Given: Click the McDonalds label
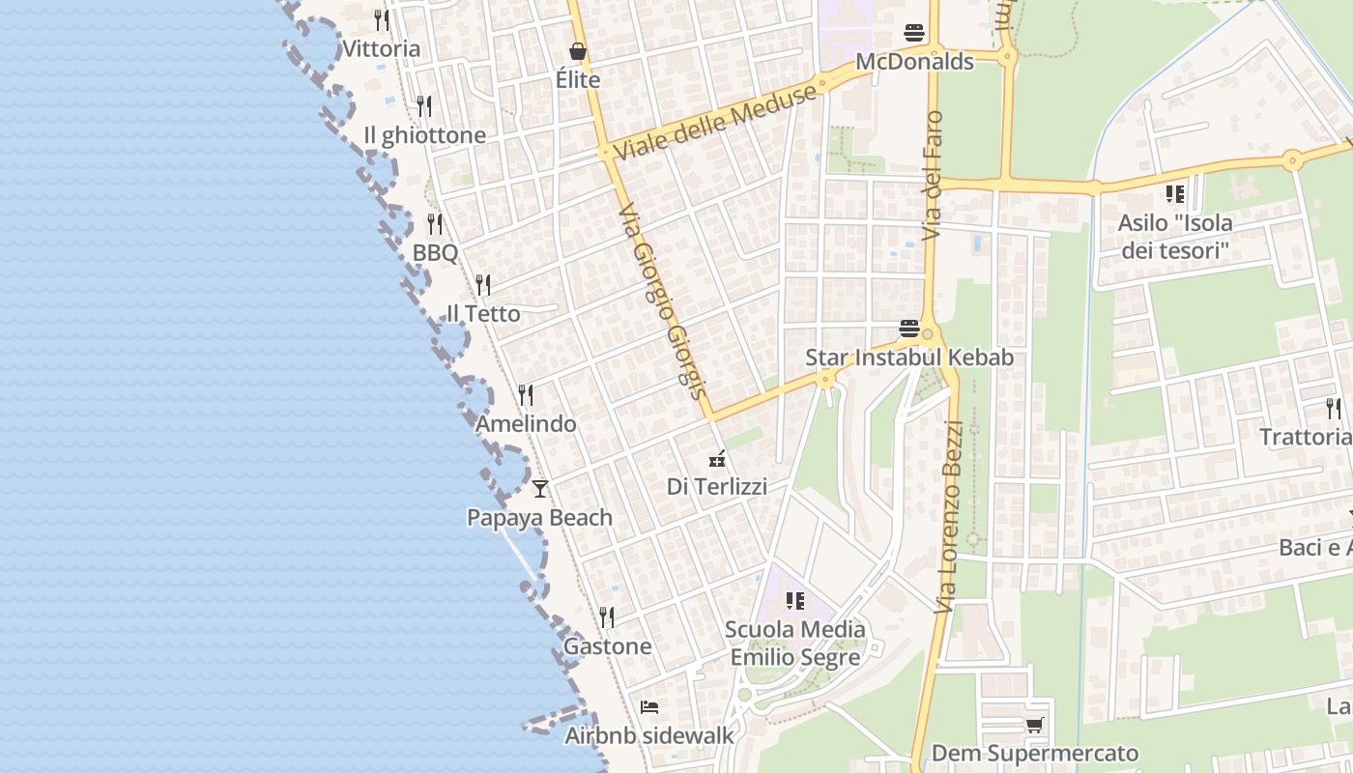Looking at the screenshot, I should [x=914, y=62].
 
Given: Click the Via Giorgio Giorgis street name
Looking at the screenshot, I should [x=663, y=300].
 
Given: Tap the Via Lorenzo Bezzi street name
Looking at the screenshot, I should [x=948, y=516].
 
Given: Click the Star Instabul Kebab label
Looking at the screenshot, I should [x=909, y=358].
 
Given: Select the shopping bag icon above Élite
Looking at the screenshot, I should [x=578, y=51].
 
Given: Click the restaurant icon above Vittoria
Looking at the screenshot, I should [x=382, y=19].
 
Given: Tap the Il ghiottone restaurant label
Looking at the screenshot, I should [x=424, y=135].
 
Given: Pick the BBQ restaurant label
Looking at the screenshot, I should [x=435, y=253].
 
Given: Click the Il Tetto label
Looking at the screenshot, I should [x=483, y=314].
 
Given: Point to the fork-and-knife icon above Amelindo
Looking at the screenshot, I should [x=526, y=395].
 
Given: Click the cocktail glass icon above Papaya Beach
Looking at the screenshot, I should [x=540, y=489].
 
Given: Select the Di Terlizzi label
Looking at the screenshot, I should [x=717, y=487].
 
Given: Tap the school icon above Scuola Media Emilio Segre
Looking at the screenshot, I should [x=795, y=601].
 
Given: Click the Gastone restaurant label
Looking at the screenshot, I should [x=607, y=646].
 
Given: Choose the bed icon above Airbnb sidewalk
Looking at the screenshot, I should [x=649, y=707].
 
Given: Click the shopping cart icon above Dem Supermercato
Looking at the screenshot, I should [x=1034, y=725].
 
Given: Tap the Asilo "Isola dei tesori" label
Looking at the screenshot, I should [x=1175, y=237].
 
